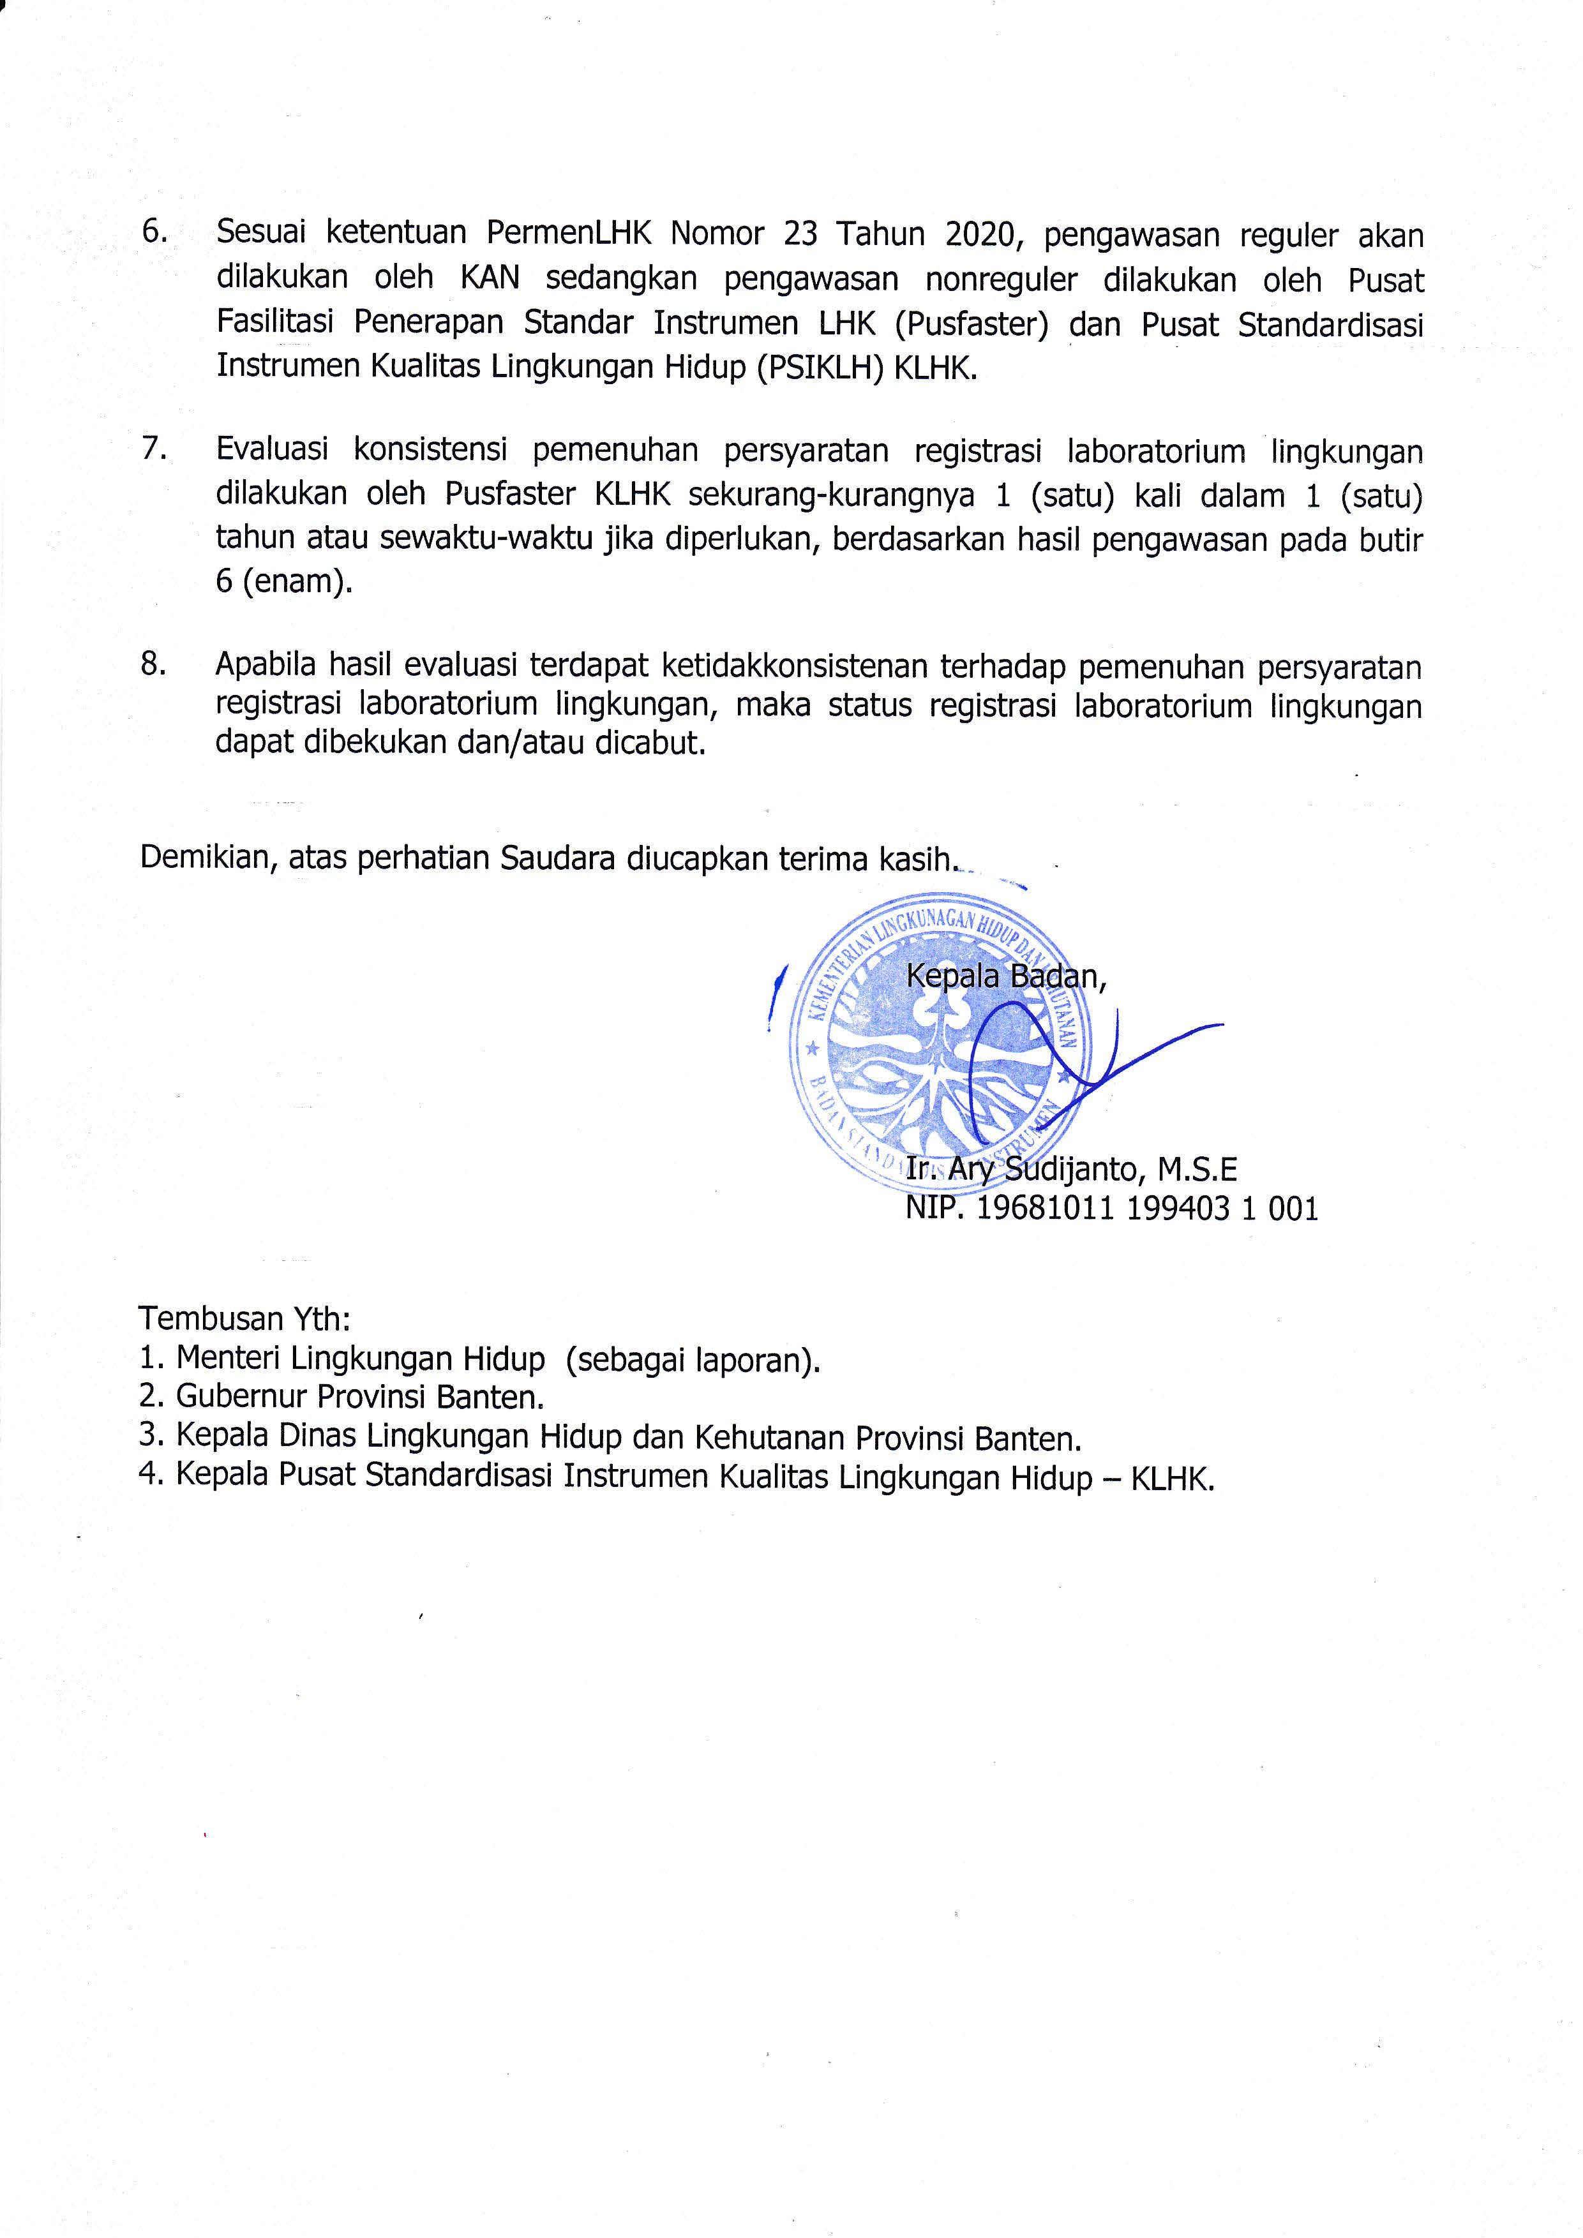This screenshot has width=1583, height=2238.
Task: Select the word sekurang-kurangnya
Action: (832, 495)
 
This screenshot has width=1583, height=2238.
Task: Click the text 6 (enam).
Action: (283, 582)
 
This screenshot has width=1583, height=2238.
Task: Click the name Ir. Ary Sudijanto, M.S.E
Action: (1070, 1168)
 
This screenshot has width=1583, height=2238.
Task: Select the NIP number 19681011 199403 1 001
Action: (1146, 1209)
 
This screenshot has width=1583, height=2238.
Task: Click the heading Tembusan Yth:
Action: (244, 1318)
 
